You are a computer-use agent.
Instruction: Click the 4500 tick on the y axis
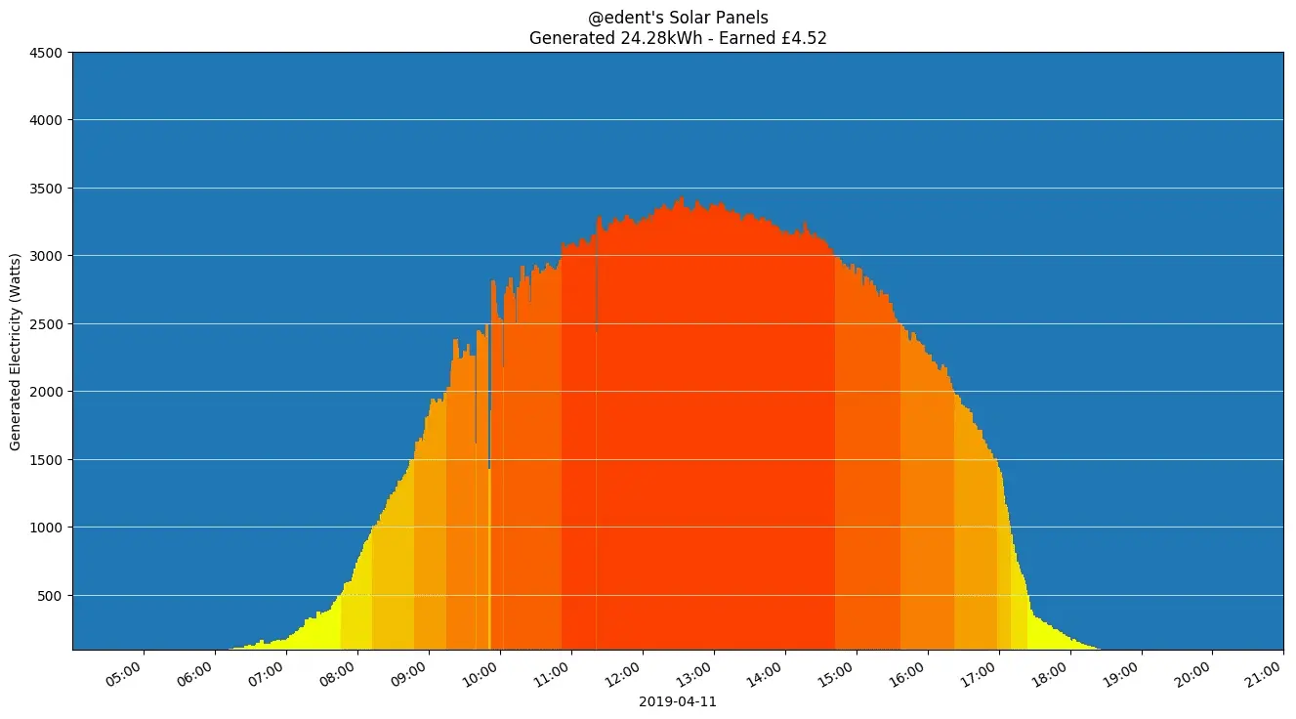(x=46, y=53)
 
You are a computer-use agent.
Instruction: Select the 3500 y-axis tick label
(x=46, y=189)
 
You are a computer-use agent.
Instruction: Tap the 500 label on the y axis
(x=50, y=596)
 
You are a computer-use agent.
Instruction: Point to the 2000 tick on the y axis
(x=46, y=392)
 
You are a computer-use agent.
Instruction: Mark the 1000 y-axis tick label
(x=46, y=528)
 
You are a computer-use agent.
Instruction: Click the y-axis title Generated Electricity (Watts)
(x=16, y=351)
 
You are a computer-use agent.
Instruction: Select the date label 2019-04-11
(x=678, y=701)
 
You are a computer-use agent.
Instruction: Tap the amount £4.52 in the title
(x=805, y=38)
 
